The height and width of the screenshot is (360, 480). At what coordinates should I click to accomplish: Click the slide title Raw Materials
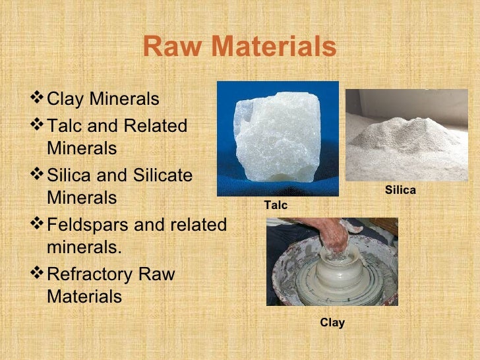[x=239, y=47]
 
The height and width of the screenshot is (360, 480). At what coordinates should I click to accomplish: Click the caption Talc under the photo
[x=276, y=206]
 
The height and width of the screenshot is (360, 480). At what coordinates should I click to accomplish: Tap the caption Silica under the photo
[x=400, y=191]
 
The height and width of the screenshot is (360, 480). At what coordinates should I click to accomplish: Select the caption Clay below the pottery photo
[x=332, y=322]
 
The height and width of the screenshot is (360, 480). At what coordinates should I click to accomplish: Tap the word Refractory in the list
[x=91, y=274]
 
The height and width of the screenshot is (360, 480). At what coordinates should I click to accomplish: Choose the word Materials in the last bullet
[x=84, y=297]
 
